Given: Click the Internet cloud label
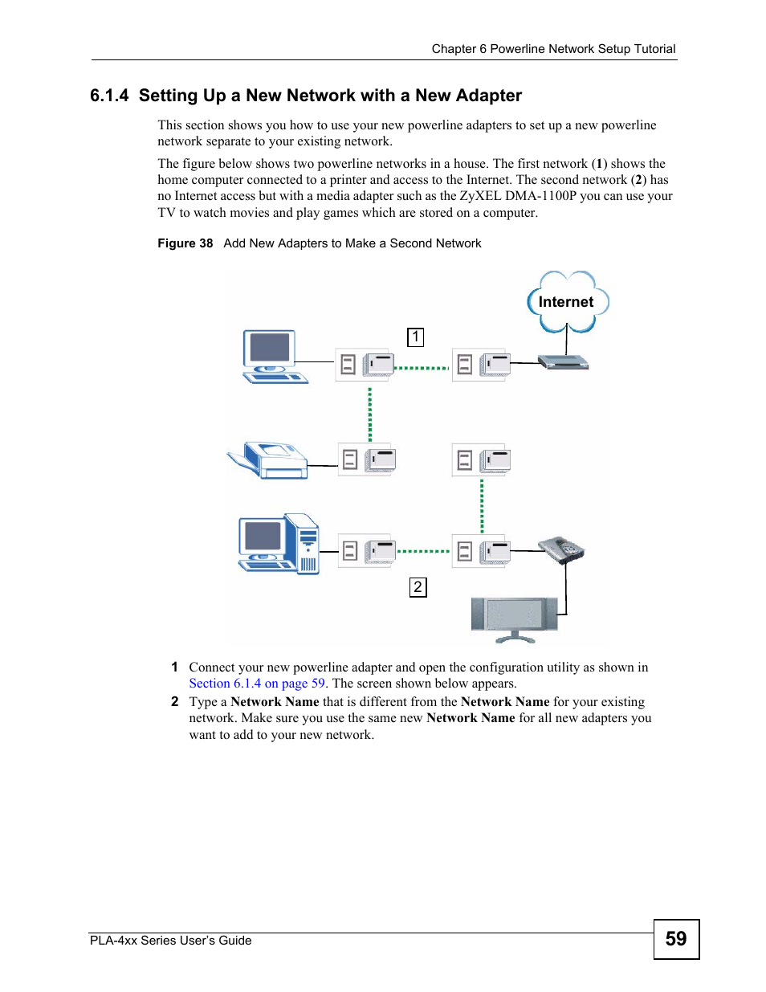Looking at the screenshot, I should [566, 302].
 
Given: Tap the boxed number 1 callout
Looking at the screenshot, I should [415, 337].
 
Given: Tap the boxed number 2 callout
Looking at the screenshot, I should [418, 587].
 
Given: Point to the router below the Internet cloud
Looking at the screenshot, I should [563, 363].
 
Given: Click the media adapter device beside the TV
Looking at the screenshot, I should [561, 550].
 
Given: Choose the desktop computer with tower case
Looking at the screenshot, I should [279, 544].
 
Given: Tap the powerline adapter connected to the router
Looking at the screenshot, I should [481, 365].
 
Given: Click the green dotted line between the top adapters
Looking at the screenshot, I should [422, 368].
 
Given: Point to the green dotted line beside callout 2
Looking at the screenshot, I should [423, 552].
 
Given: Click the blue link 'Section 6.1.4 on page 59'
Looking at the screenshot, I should [257, 684].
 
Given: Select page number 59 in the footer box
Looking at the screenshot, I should [676, 939].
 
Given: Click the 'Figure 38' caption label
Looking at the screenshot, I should [185, 243].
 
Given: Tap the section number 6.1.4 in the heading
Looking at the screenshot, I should [109, 96].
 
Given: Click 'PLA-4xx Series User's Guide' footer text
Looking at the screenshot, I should [171, 941].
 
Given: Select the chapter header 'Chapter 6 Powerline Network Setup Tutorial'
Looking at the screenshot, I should [553, 49].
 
